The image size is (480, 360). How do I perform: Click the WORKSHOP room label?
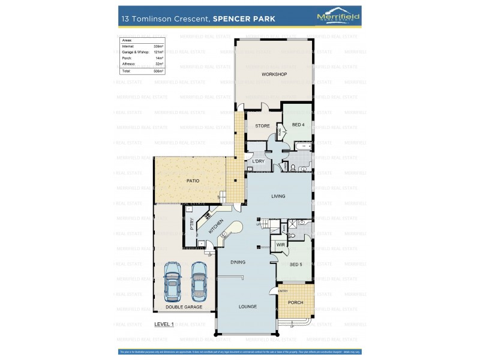click(x=274, y=74)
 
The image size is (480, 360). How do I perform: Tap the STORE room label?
click(x=262, y=126)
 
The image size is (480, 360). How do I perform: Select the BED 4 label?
click(x=298, y=124)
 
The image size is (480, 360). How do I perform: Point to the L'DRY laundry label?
click(x=258, y=161)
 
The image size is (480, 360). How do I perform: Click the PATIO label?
click(x=192, y=181)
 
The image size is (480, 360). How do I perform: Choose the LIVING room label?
click(x=278, y=196)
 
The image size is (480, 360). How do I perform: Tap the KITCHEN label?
click(x=216, y=227)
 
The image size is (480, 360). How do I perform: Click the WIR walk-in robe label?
click(x=280, y=245)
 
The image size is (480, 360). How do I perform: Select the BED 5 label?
click(x=296, y=264)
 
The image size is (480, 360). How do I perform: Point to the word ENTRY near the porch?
click(x=283, y=291)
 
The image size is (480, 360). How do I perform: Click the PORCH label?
click(x=295, y=302)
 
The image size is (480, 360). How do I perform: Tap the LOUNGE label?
click(x=247, y=307)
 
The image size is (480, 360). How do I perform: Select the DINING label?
click(x=238, y=262)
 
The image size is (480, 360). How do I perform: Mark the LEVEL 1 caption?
click(x=163, y=325)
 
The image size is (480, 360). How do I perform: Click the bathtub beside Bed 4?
click(x=304, y=146)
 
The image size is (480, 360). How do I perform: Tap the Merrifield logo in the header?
click(x=338, y=18)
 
